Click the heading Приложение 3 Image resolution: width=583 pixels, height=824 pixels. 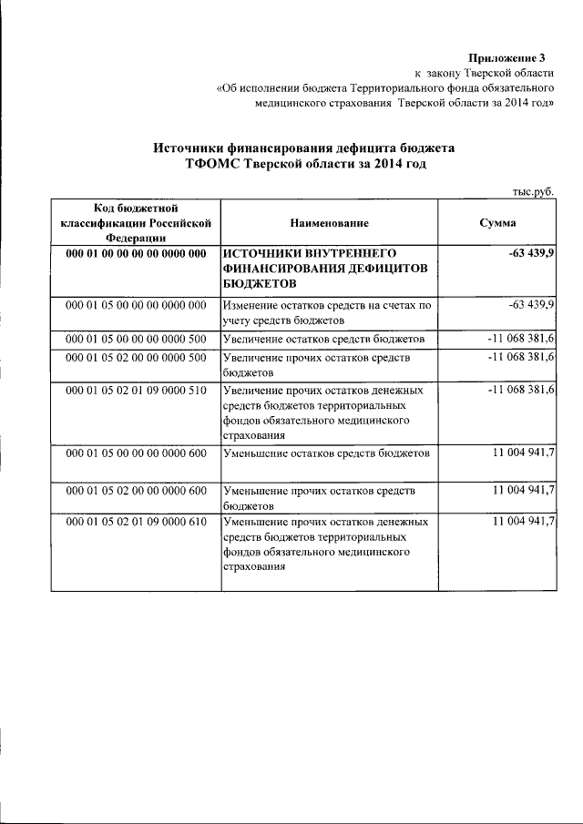point(513,56)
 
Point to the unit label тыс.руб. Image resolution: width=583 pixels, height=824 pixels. point(533,191)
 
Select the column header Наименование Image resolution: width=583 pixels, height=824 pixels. point(330,222)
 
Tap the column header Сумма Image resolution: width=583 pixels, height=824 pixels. point(497,222)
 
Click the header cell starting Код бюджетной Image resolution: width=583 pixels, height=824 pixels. point(135,222)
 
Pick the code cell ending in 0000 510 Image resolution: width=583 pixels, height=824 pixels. point(135,390)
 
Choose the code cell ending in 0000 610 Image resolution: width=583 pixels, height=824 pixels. point(135,522)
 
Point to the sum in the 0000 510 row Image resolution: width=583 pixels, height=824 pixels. point(522,390)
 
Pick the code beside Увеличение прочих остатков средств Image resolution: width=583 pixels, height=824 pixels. point(135,357)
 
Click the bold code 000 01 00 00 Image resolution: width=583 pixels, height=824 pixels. point(135,252)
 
